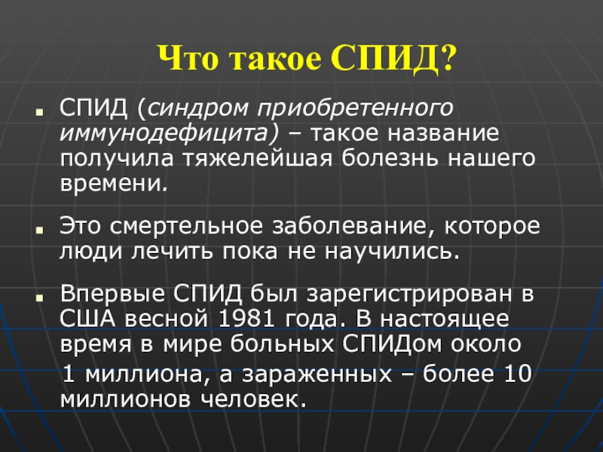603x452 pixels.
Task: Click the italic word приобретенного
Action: [x=355, y=108]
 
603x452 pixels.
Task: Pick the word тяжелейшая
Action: [x=257, y=159]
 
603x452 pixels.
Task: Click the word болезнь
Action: [x=390, y=158]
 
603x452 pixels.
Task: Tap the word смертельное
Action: [x=186, y=226]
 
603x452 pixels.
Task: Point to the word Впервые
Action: [x=112, y=294]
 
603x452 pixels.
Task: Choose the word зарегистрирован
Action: [x=409, y=295]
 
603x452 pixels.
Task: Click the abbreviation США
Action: [x=87, y=319]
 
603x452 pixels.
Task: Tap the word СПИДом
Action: [x=391, y=344]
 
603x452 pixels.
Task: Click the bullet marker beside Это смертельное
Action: [x=39, y=231]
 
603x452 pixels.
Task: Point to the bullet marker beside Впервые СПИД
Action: [x=39, y=298]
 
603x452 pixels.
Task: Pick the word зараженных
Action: [x=317, y=374]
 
